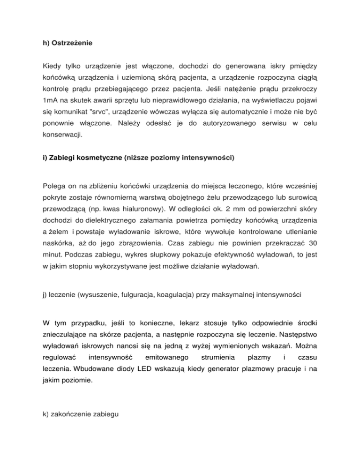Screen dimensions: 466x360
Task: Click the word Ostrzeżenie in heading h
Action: point(70,43)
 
